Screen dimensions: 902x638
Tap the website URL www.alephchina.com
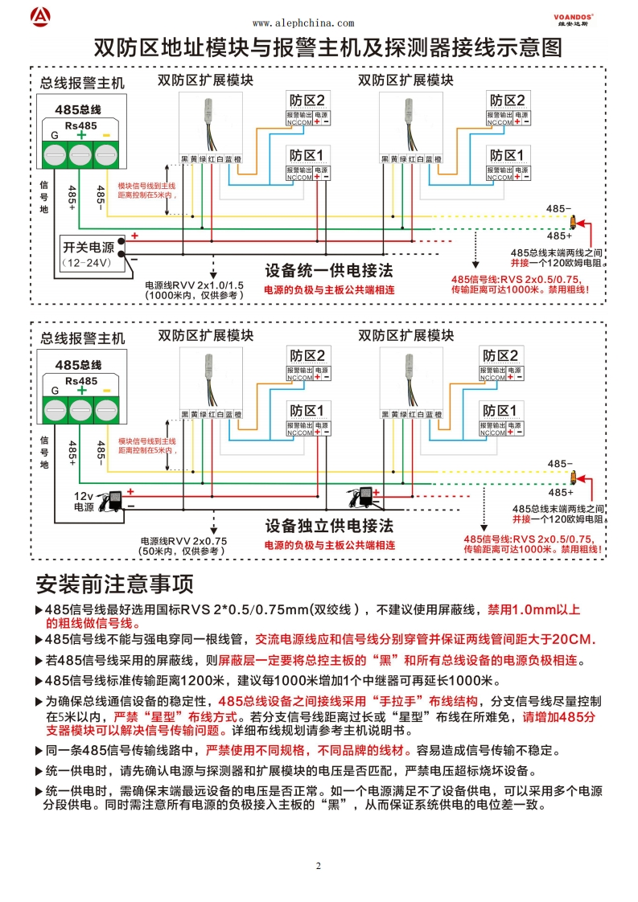tap(303, 24)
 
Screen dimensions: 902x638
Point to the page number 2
tap(318, 866)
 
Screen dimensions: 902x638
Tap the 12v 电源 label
tap(84, 501)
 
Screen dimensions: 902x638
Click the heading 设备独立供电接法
tap(329, 526)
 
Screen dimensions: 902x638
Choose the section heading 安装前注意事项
tap(115, 583)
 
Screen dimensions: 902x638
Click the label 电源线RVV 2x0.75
tap(183, 540)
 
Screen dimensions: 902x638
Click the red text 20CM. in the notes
tap(572, 639)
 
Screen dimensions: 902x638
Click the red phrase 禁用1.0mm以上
tap(534, 609)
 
